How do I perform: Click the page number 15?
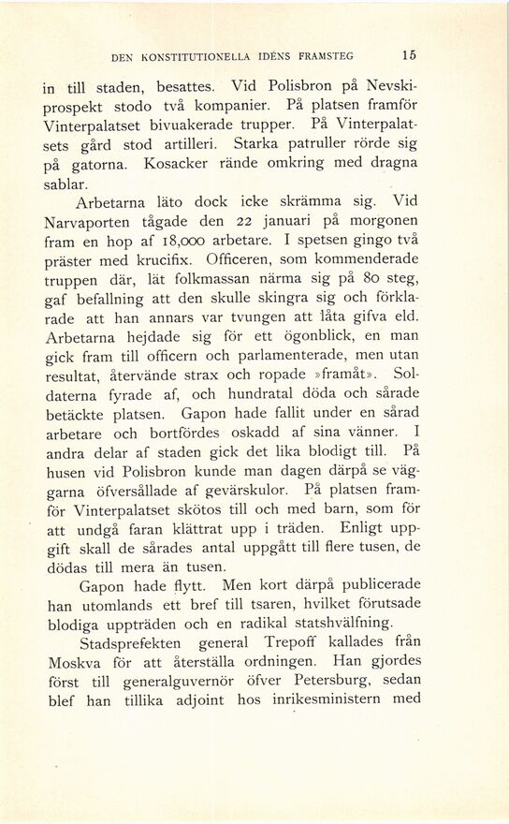point(407,54)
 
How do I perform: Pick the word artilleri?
point(182,142)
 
